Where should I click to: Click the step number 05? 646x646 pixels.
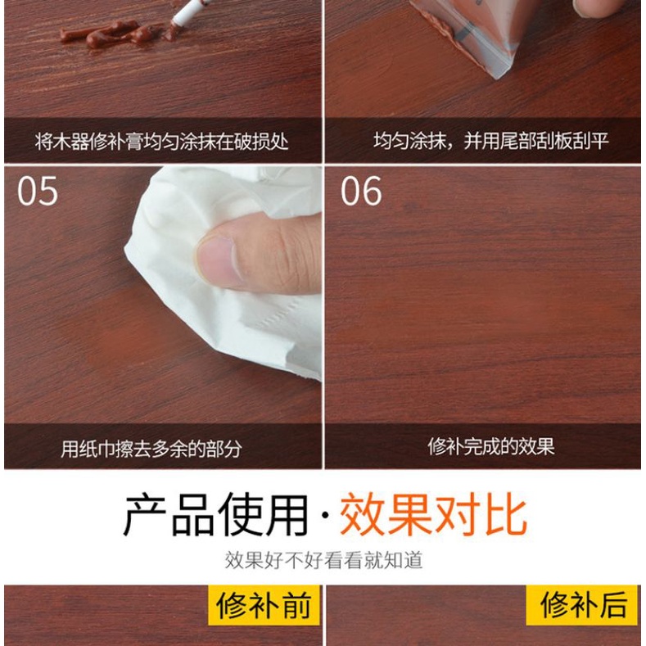click(38, 191)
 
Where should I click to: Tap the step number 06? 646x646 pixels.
click(361, 191)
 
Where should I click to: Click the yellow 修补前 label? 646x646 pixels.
click(264, 605)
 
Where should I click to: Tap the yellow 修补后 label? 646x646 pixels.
click(582, 605)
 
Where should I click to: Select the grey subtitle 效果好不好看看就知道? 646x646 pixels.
click(324, 560)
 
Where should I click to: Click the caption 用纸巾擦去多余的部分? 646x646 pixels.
click(151, 449)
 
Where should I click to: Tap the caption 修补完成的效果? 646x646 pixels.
click(490, 446)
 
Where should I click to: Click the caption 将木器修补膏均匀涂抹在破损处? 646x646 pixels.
click(161, 142)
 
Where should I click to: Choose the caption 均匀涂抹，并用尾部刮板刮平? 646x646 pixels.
click(490, 141)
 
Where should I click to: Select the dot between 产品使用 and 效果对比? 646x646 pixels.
click(325, 515)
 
